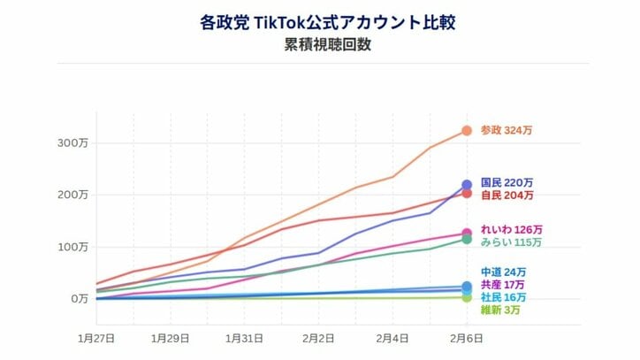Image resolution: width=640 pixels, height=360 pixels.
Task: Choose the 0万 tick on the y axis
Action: point(77,298)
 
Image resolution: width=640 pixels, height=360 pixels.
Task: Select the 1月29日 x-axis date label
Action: point(170,338)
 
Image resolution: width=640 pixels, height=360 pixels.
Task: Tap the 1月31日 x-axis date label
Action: point(244,338)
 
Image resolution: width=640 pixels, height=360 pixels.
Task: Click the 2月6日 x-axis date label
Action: point(467,338)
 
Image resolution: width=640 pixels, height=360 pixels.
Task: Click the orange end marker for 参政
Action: point(467,131)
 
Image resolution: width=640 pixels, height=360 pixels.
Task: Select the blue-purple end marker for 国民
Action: point(467,185)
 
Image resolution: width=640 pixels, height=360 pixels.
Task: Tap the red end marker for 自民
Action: point(467,194)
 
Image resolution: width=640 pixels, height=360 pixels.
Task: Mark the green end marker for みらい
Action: point(467,240)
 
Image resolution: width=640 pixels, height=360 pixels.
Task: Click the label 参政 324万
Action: point(507,131)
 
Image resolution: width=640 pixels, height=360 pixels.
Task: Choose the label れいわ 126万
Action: point(511,230)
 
